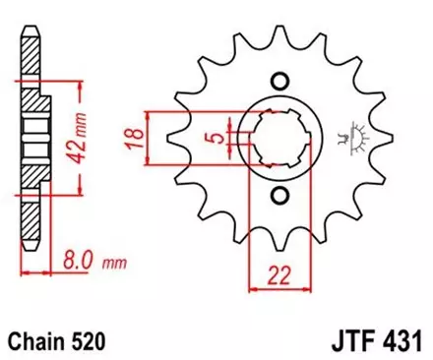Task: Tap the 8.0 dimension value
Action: [78, 263]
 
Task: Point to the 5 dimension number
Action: [214, 139]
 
